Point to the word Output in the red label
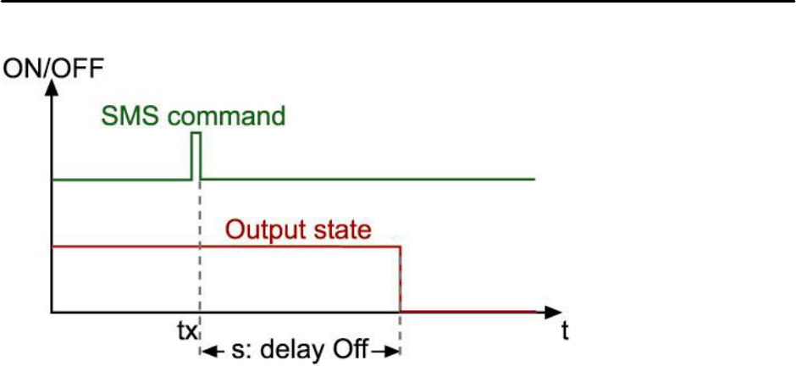pyautogui.click(x=272, y=230)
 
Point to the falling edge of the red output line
pyautogui.click(x=400, y=279)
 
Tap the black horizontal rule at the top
pyautogui.click(x=398, y=3)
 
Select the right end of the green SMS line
pyautogui.click(x=533, y=180)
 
